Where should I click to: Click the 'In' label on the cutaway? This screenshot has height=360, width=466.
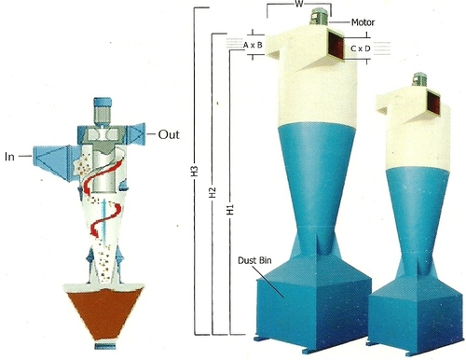11,155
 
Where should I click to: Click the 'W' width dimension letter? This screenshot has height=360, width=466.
295,5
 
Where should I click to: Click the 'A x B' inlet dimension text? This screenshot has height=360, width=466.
252,44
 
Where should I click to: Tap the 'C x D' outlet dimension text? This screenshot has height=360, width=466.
360,46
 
